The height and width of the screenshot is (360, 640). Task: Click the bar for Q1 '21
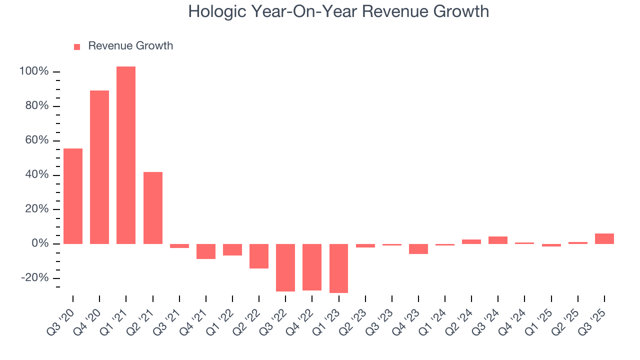(126, 155)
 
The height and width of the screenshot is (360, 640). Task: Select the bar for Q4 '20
(99, 167)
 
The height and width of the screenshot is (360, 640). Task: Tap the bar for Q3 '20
(73, 196)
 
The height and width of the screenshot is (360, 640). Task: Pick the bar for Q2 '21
(152, 207)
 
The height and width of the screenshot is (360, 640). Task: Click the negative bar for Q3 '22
(285, 267)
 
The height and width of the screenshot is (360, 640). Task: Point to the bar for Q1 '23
(338, 268)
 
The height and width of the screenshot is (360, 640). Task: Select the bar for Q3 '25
(604, 238)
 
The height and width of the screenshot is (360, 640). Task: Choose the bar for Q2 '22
(259, 256)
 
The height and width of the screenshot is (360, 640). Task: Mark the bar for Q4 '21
(205, 251)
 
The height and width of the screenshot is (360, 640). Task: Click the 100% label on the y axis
(34, 71)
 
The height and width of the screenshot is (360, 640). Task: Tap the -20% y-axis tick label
(34, 278)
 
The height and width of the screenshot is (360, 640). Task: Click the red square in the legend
(77, 47)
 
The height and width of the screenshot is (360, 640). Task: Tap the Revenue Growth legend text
(130, 46)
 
